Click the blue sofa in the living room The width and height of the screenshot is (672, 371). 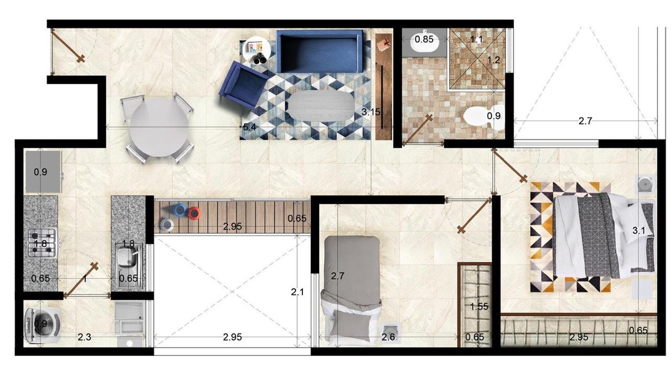(x=320, y=51)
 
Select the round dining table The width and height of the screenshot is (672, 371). (x=160, y=127)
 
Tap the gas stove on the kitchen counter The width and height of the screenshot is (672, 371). (x=43, y=243)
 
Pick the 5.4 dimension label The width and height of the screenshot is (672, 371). (x=249, y=127)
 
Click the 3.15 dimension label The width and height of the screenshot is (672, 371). (x=371, y=112)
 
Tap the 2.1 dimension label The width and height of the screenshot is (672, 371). (x=297, y=292)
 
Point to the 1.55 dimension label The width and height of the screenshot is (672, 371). (x=479, y=307)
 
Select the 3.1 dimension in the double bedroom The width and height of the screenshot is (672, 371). (x=639, y=231)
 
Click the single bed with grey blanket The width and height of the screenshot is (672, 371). (x=351, y=288)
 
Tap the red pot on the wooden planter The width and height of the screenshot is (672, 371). (x=194, y=213)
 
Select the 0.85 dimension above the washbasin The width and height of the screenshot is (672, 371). (x=424, y=39)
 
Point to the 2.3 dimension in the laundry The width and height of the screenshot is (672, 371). (x=85, y=337)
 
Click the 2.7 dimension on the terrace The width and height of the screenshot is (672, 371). (x=585, y=121)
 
